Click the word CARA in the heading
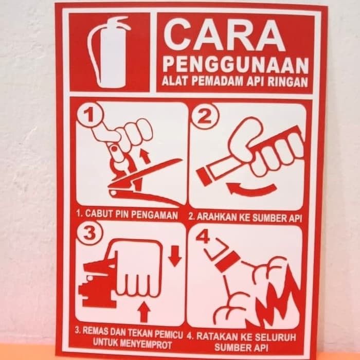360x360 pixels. click(226, 35)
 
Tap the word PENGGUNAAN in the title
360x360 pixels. click(236, 65)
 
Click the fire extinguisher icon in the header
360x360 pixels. click(109, 51)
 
